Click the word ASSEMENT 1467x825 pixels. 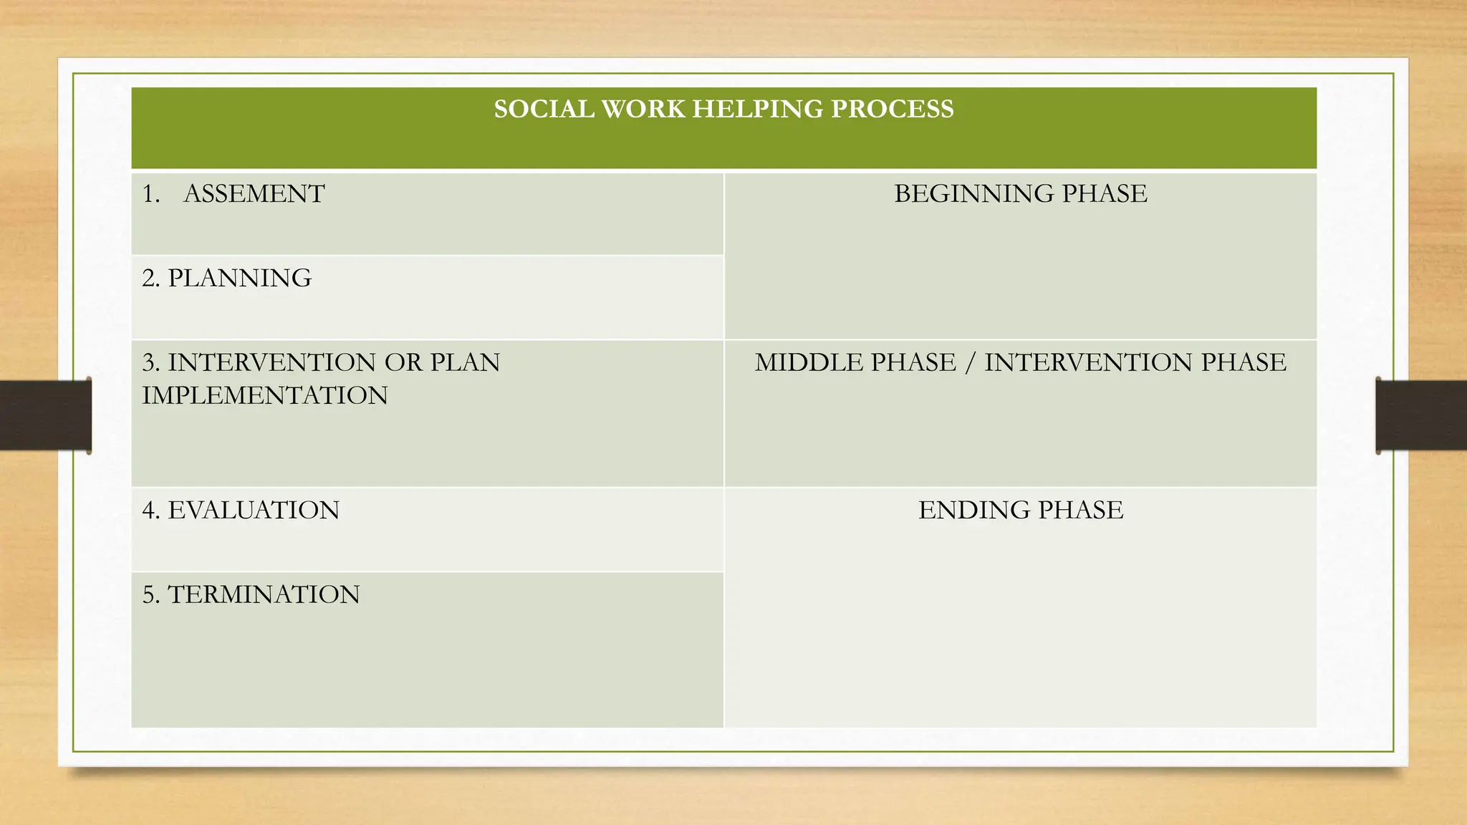click(254, 194)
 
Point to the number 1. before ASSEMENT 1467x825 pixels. click(150, 194)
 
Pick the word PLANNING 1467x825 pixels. click(239, 278)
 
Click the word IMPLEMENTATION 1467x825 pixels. click(264, 395)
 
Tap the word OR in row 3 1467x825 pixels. click(403, 362)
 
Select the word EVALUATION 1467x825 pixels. click(254, 510)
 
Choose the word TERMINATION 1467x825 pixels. click(264, 594)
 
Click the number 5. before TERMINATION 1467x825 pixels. click(150, 594)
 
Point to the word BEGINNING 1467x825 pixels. click(973, 194)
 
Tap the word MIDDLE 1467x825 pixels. click(804, 362)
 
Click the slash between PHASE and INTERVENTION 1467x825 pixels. click(970, 362)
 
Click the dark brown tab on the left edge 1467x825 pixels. click(45, 415)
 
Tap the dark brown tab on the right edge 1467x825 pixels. click(1421, 415)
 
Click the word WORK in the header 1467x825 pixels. click(643, 109)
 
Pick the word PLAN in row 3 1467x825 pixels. click(465, 362)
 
